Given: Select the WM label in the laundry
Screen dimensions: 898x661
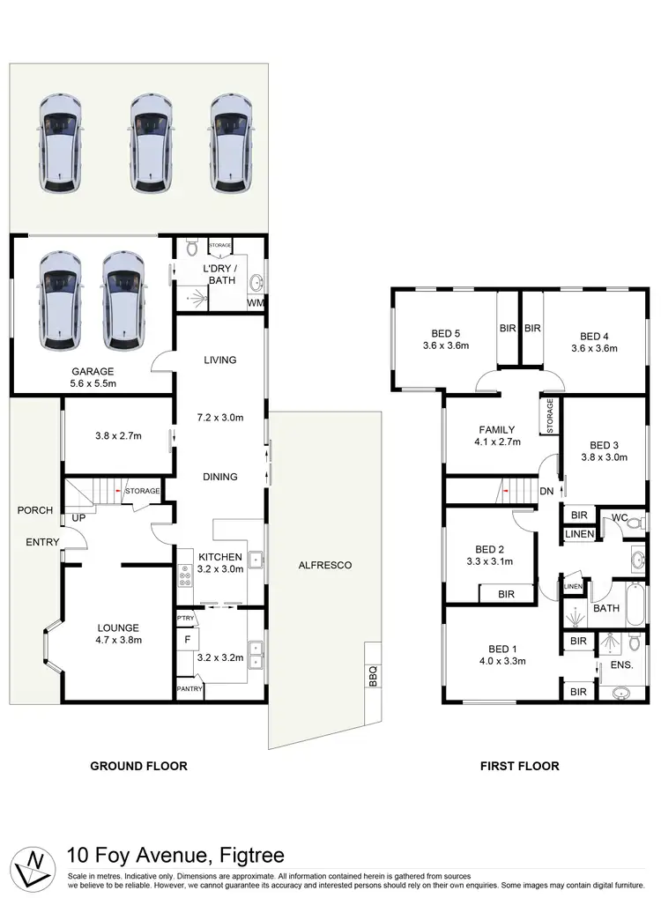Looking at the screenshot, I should click(255, 303).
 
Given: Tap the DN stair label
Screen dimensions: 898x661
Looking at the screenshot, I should click(546, 491).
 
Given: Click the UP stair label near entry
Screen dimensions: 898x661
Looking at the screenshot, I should click(78, 517).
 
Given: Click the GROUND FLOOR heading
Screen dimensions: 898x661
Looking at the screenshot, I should click(138, 766).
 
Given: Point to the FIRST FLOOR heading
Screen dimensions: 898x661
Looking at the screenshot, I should click(519, 766).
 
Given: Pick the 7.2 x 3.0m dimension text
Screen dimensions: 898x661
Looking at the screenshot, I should click(219, 418).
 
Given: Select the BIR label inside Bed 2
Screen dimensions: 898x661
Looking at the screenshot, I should click(506, 595).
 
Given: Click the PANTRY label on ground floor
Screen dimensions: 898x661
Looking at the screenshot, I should click(189, 689).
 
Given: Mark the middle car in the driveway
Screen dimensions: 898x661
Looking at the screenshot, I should click(150, 143).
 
